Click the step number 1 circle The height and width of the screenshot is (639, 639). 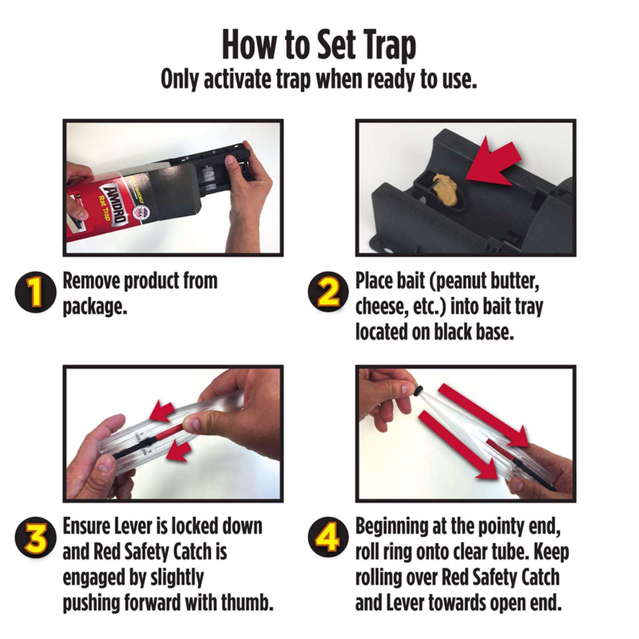(x=36, y=293)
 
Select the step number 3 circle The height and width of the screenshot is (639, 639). (x=36, y=539)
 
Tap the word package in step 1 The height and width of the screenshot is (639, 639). (x=95, y=307)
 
